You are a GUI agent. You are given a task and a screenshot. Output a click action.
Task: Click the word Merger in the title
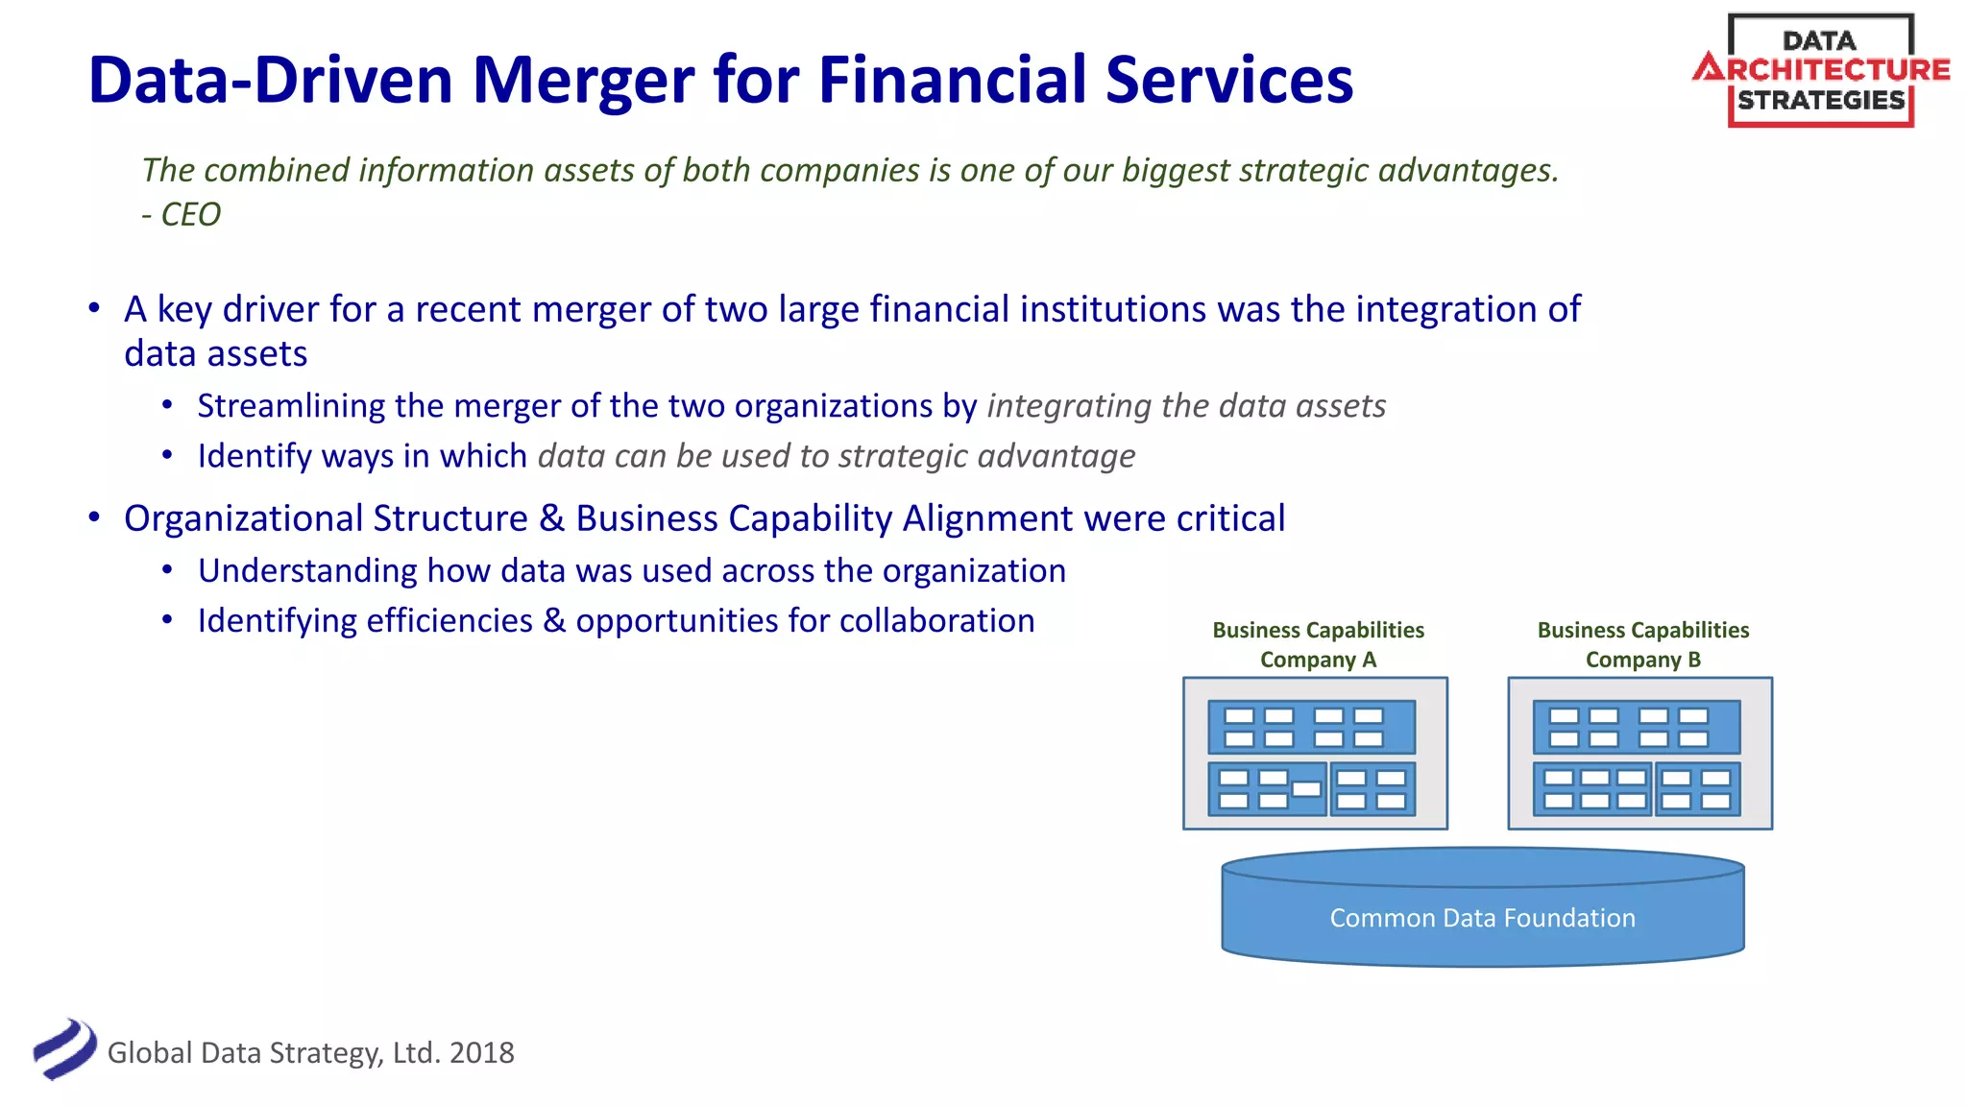(x=583, y=81)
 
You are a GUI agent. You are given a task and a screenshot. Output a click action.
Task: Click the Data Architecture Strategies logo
(x=1820, y=70)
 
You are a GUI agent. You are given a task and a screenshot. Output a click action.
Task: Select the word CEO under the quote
(x=190, y=214)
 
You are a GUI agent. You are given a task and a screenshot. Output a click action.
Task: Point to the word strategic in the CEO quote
(x=1303, y=170)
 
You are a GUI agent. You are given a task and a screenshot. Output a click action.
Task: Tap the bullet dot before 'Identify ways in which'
(x=167, y=455)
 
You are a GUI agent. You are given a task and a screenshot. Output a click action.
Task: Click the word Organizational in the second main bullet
(x=243, y=518)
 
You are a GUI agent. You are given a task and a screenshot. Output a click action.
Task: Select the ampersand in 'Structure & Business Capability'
(x=551, y=518)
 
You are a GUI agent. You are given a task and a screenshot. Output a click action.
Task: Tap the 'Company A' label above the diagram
(x=1318, y=660)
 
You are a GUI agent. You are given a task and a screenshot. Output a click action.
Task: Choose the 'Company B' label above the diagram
(x=1642, y=660)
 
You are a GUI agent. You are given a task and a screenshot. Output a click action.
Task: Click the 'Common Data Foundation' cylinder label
(x=1482, y=918)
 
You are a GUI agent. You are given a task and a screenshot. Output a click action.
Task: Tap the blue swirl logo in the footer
(x=64, y=1048)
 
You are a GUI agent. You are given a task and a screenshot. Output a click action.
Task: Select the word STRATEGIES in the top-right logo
(x=1820, y=101)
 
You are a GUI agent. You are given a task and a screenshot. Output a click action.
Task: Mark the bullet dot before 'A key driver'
(x=94, y=308)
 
